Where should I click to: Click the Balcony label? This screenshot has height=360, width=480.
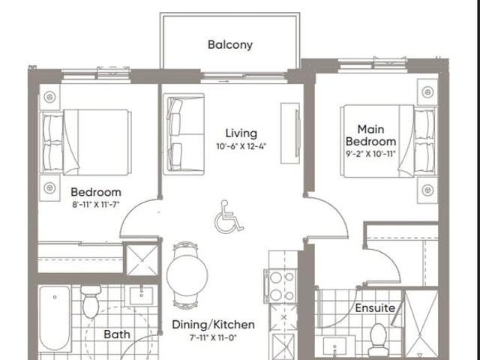coord(230,45)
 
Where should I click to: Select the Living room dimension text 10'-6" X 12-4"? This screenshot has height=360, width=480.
coord(241,146)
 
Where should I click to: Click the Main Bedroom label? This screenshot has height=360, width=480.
coord(370,135)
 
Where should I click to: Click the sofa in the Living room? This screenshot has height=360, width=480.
coord(184,134)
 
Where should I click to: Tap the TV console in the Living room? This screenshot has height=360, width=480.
coord(290,133)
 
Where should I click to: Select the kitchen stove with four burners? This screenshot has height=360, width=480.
coord(280,286)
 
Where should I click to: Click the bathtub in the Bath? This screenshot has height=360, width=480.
coord(55,318)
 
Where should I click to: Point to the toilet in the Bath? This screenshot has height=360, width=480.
coord(91,301)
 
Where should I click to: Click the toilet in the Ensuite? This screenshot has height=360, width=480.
coord(378,340)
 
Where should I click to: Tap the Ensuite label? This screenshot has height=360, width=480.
coord(375,308)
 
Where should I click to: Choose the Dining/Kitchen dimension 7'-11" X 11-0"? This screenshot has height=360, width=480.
coord(213,338)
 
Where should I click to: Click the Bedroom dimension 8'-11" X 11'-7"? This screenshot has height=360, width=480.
coord(96,205)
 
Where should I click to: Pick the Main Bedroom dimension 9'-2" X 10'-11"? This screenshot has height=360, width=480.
coord(370,154)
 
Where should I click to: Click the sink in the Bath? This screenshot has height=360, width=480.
coord(141,295)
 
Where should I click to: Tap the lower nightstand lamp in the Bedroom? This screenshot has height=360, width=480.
coord(49,187)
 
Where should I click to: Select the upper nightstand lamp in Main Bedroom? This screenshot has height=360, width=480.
coord(427,91)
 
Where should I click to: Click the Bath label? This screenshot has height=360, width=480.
coord(117,334)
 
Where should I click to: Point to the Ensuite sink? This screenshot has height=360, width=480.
coord(334,346)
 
